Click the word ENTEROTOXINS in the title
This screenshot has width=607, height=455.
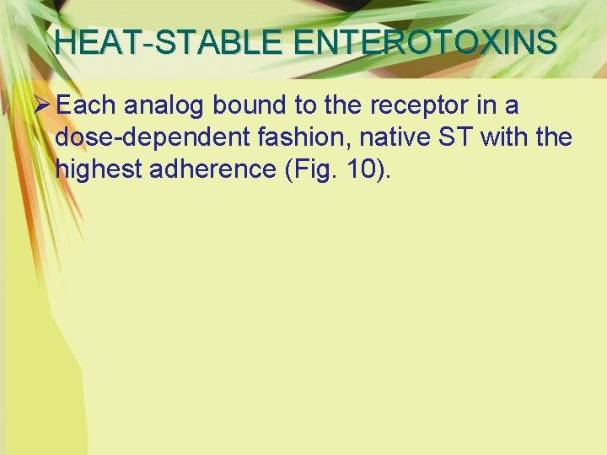pos(420,41)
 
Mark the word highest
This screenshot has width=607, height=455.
pos(98,169)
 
